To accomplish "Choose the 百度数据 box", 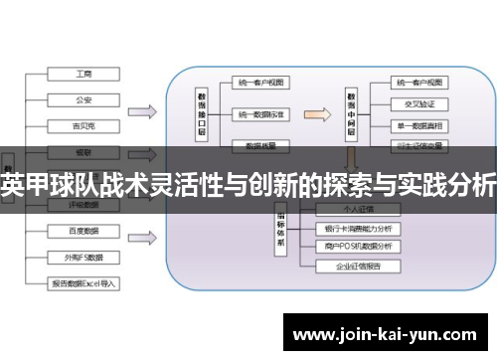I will tap(83, 230).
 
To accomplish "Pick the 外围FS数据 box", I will tap(83, 256).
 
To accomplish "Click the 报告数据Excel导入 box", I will tap(83, 282).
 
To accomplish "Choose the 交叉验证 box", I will tap(419, 103).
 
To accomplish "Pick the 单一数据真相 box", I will tap(419, 126).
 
